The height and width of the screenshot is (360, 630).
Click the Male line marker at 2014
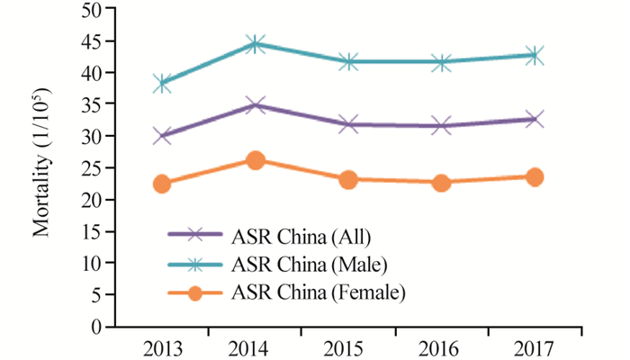pyautogui.click(x=256, y=43)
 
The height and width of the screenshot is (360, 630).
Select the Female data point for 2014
pyautogui.click(x=256, y=160)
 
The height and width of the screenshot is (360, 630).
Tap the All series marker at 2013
pyautogui.click(x=163, y=136)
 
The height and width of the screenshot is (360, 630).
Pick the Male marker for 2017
pyautogui.click(x=535, y=55)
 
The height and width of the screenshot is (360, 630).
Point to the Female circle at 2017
pyautogui.click(x=535, y=177)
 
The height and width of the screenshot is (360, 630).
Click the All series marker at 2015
pyautogui.click(x=348, y=124)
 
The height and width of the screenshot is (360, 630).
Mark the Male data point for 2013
pyautogui.click(x=163, y=84)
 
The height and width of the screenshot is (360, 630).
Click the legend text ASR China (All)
pyautogui.click(x=301, y=237)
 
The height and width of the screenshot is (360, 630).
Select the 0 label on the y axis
pyautogui.click(x=94, y=327)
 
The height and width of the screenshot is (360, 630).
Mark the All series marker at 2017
pyautogui.click(x=535, y=119)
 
